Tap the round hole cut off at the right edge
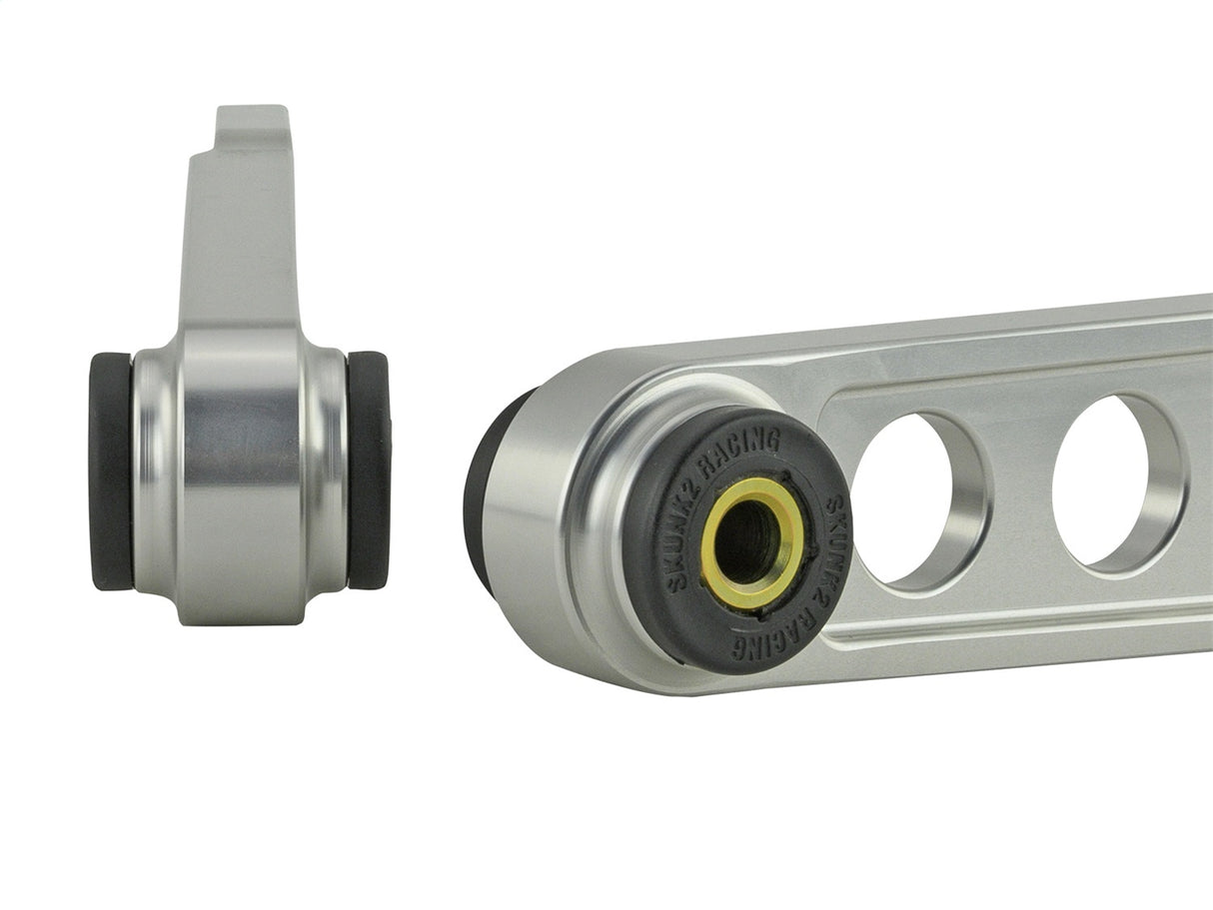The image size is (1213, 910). click(1114, 481)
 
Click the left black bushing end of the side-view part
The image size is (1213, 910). click(110, 470)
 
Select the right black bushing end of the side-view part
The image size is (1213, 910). click(368, 469)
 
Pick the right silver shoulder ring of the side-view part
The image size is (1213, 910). click(328, 469)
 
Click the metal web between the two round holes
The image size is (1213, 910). click(1019, 489)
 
